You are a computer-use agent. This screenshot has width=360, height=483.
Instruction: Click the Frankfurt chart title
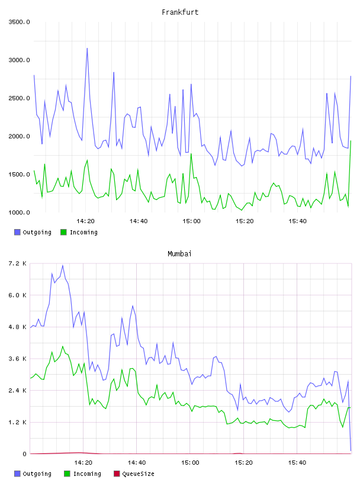pyautogui.click(x=180, y=12)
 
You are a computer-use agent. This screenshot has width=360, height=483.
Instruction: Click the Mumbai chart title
pyautogui.click(x=179, y=254)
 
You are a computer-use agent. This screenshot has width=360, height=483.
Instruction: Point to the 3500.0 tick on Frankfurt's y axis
pyautogui.click(x=19, y=22)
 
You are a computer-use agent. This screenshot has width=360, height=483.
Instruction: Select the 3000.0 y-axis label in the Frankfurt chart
pyautogui.click(x=19, y=60)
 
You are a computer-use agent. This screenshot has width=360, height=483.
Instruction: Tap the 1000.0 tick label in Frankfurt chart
pyautogui.click(x=19, y=212)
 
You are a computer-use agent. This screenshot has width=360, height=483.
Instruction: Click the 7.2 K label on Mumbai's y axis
pyautogui.click(x=18, y=263)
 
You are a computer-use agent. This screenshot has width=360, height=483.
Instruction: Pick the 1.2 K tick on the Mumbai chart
pyautogui.click(x=18, y=422)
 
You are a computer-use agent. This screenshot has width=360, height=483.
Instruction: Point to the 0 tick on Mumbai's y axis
pyautogui.click(x=24, y=454)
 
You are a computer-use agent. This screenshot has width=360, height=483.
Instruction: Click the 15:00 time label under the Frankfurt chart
pyautogui.click(x=191, y=221)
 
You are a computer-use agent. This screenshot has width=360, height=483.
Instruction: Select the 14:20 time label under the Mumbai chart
pyautogui.click(x=83, y=463)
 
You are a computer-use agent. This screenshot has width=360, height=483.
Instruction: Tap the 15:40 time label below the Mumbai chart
pyautogui.click(x=297, y=463)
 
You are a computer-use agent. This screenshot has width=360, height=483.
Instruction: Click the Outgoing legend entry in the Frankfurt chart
pyautogui.click(x=33, y=232)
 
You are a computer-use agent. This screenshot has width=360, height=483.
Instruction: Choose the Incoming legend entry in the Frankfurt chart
pyautogui.click(x=79, y=232)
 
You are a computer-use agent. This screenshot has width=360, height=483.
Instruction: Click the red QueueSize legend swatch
pyautogui.click(x=117, y=474)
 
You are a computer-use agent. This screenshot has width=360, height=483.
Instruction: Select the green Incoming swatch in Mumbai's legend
pyautogui.click(x=67, y=474)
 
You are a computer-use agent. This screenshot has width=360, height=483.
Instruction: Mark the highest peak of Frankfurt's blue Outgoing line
pyautogui.click(x=87, y=49)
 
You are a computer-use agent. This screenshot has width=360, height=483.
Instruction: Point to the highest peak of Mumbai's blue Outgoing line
pyautogui.click(x=63, y=265)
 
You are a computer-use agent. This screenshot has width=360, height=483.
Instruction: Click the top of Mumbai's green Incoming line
pyautogui.click(x=63, y=346)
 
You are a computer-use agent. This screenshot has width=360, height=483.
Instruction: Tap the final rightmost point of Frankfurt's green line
pyautogui.click(x=351, y=141)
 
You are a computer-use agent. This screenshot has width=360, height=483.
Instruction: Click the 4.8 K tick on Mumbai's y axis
pyautogui.click(x=18, y=327)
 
